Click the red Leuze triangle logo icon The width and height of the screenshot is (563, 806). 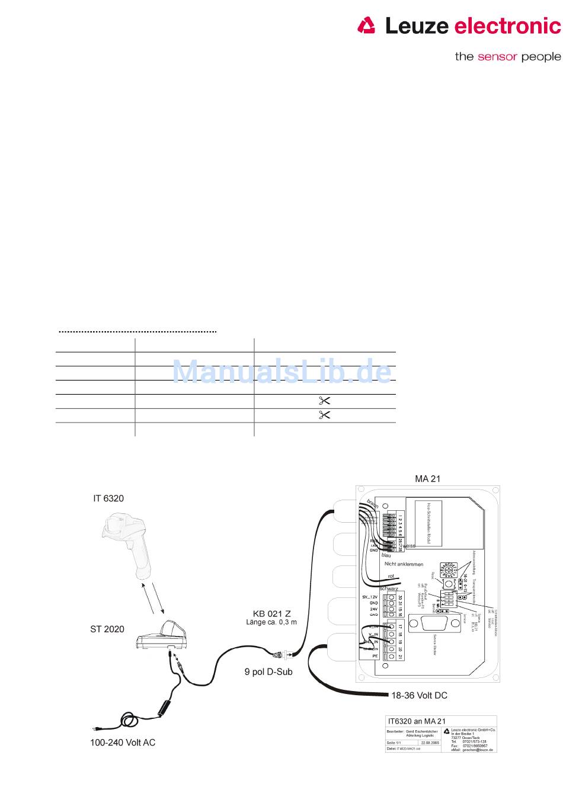point(367,25)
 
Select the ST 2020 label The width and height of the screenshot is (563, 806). point(107,629)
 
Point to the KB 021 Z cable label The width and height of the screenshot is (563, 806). point(271,614)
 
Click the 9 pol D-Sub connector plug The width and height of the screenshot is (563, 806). point(279,655)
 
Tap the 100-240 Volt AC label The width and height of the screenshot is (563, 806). point(123,743)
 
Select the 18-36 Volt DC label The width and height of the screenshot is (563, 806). point(419,695)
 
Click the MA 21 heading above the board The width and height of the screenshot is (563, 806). point(427,479)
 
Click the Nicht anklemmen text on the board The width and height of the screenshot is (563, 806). point(404,564)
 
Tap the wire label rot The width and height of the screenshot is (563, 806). point(391,576)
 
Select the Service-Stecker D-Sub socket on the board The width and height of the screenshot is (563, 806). point(439,625)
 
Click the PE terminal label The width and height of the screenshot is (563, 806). point(375,656)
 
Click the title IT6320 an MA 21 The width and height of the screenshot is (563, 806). point(417,721)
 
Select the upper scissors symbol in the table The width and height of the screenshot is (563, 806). point(324,401)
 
